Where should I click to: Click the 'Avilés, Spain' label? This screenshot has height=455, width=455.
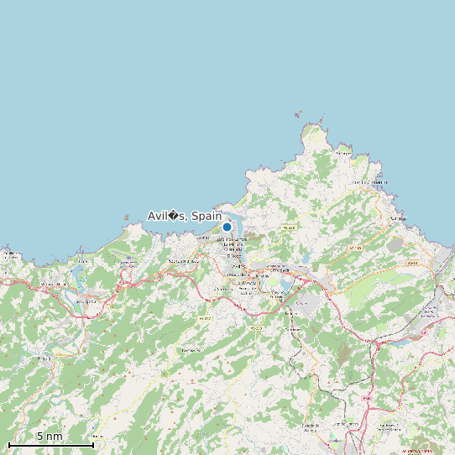coord(185,216)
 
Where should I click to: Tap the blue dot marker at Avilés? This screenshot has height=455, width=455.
coord(227,227)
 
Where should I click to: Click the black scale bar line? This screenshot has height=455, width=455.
coord(50,444)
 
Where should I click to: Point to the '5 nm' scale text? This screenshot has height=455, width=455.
coord(50,437)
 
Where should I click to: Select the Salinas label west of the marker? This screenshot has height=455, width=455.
coord(201,238)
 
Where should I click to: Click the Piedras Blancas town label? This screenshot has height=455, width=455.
coord(183,261)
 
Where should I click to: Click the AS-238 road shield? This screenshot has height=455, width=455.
coord(290,227)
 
